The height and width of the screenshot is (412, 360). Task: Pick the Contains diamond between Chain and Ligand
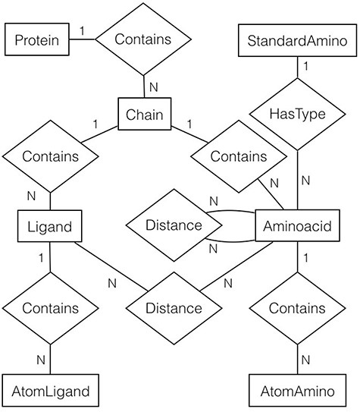[51, 157]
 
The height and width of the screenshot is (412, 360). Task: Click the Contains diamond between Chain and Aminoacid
[238, 157]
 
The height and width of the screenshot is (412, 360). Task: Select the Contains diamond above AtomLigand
[50, 309]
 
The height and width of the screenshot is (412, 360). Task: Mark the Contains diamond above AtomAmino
[296, 309]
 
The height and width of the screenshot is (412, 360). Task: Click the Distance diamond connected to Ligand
[174, 309]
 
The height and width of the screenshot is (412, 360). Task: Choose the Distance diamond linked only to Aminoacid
[174, 225]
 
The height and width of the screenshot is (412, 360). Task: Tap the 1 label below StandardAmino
[305, 67]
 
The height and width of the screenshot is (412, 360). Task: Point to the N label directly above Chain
[154, 87]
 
